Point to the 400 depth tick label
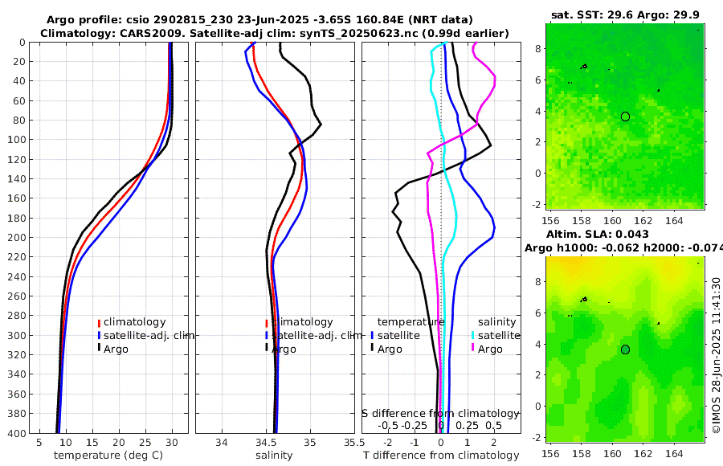15,433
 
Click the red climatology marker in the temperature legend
100,323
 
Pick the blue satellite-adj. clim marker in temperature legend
100,336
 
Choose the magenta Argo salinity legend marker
473,349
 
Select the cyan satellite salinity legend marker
473,336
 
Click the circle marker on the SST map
625,117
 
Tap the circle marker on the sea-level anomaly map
625,349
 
